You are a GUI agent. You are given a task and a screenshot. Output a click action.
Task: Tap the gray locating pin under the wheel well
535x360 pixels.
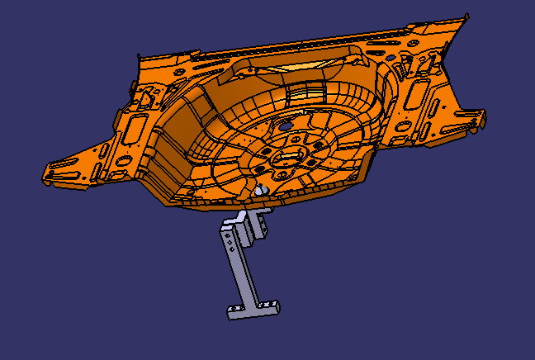click(x=263, y=190)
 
